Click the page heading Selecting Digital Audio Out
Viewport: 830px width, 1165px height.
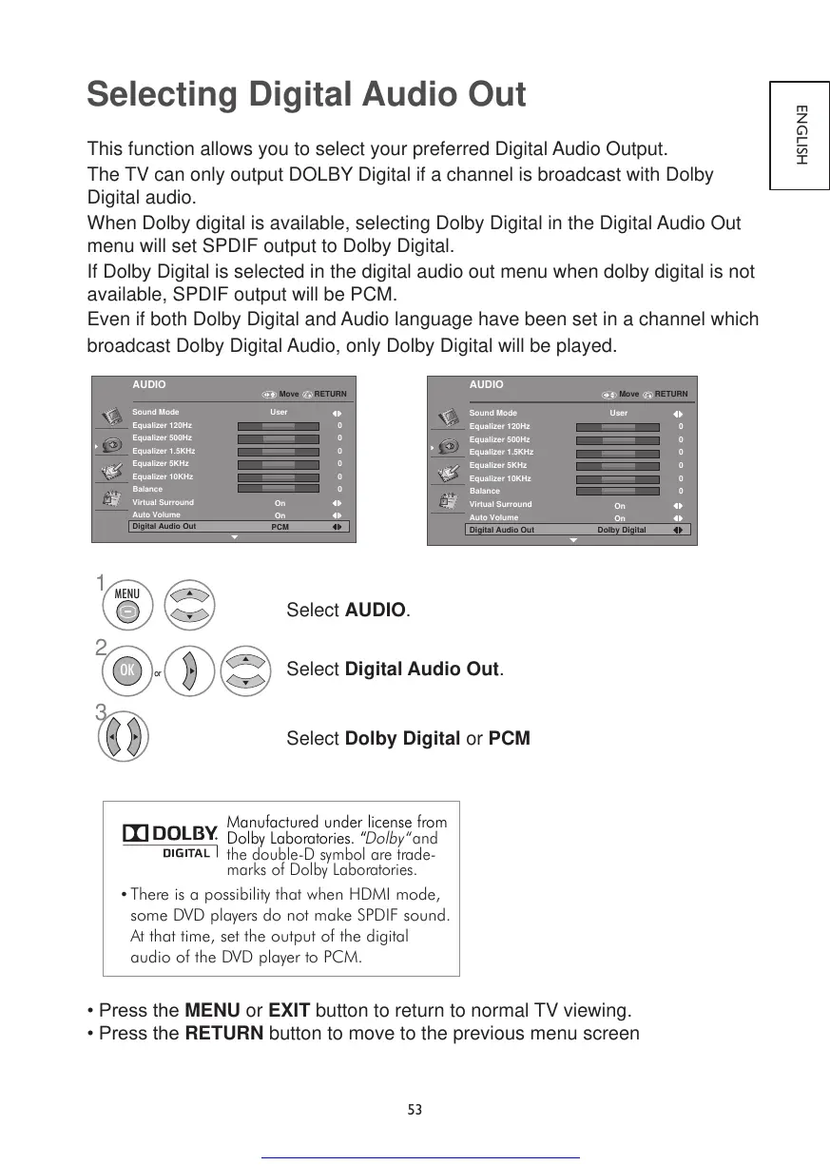tap(305, 96)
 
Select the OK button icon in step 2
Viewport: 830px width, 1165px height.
tap(126, 672)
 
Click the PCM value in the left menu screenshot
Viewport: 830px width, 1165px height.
tap(280, 527)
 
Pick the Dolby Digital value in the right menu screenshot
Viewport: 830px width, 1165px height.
tap(621, 530)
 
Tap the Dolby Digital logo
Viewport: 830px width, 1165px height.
tap(170, 841)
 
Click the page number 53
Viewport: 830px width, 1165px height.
tap(415, 1110)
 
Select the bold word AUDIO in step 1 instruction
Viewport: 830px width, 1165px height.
tap(375, 610)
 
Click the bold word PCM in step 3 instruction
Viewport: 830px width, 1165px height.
tap(509, 739)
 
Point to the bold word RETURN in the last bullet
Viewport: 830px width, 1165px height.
tap(223, 1033)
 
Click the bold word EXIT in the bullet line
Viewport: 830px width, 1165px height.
tap(290, 1009)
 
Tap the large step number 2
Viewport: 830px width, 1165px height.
tap(101, 648)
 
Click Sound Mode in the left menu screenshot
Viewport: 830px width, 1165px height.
tap(156, 412)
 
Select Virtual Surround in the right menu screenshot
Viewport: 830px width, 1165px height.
tap(500, 504)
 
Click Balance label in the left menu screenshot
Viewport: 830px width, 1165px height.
tap(147, 489)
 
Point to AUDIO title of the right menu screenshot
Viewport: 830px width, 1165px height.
tap(487, 384)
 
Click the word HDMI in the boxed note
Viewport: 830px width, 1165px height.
tap(380, 895)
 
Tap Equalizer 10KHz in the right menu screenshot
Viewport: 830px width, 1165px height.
tap(500, 478)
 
